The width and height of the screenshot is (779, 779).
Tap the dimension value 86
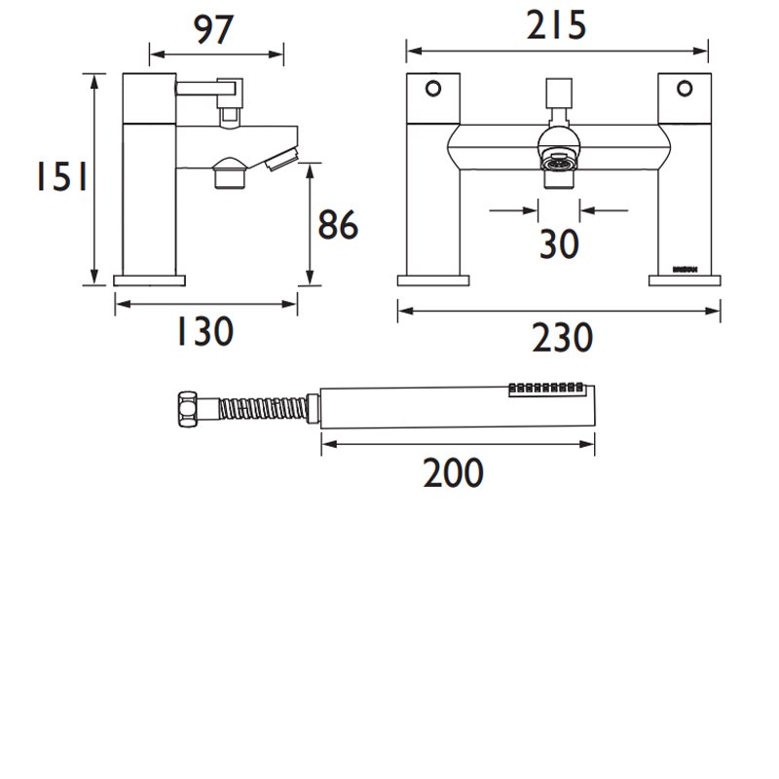(338, 226)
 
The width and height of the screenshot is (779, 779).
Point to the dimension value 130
(204, 332)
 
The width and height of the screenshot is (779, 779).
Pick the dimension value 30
(559, 243)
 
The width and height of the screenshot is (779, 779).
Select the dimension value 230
(562, 338)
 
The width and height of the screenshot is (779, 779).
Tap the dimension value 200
(453, 472)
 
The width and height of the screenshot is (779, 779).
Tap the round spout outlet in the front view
(559, 160)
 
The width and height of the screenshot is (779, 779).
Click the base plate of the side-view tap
(149, 280)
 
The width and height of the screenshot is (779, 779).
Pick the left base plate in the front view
(433, 280)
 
